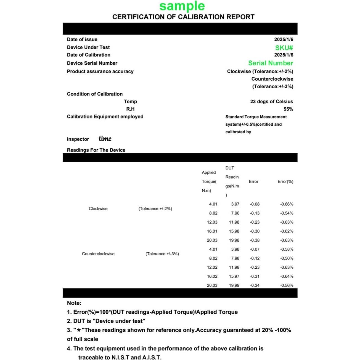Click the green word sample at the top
click(x=182, y=6)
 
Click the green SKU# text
click(x=284, y=48)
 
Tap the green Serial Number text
click(x=270, y=63)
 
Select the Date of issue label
click(x=82, y=39)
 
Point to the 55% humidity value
click(x=288, y=109)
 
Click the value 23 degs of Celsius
click(x=271, y=102)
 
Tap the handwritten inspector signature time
click(x=105, y=139)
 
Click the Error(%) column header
click(x=285, y=181)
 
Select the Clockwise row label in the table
click(x=98, y=209)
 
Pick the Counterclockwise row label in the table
click(x=98, y=254)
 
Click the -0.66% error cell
click(x=287, y=204)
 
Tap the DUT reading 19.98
click(x=234, y=240)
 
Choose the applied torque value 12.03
click(x=212, y=222)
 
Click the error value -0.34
click(x=255, y=285)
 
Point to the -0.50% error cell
click(x=287, y=258)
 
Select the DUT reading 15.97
click(x=234, y=276)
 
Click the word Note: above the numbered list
click(x=74, y=303)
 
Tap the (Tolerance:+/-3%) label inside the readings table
click(x=162, y=254)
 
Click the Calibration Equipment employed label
click(x=105, y=117)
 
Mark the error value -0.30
click(x=255, y=231)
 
